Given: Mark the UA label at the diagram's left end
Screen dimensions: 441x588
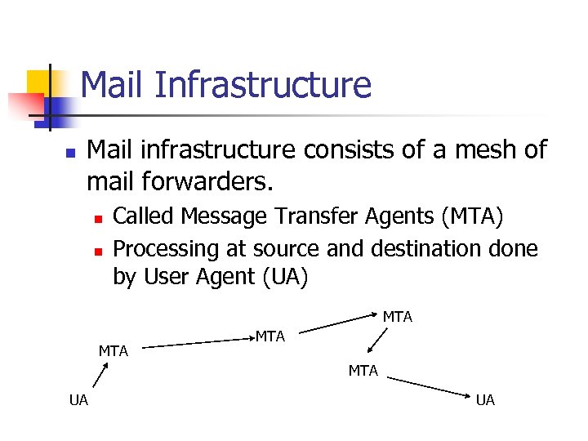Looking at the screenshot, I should click(79, 399).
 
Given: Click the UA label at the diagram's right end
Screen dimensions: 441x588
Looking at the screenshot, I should click(485, 399).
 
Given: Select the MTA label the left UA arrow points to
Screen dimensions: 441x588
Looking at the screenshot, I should click(114, 351).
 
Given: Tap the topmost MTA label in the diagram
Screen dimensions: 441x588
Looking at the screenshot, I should click(398, 317).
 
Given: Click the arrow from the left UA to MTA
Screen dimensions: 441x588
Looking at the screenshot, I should click(99, 376).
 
